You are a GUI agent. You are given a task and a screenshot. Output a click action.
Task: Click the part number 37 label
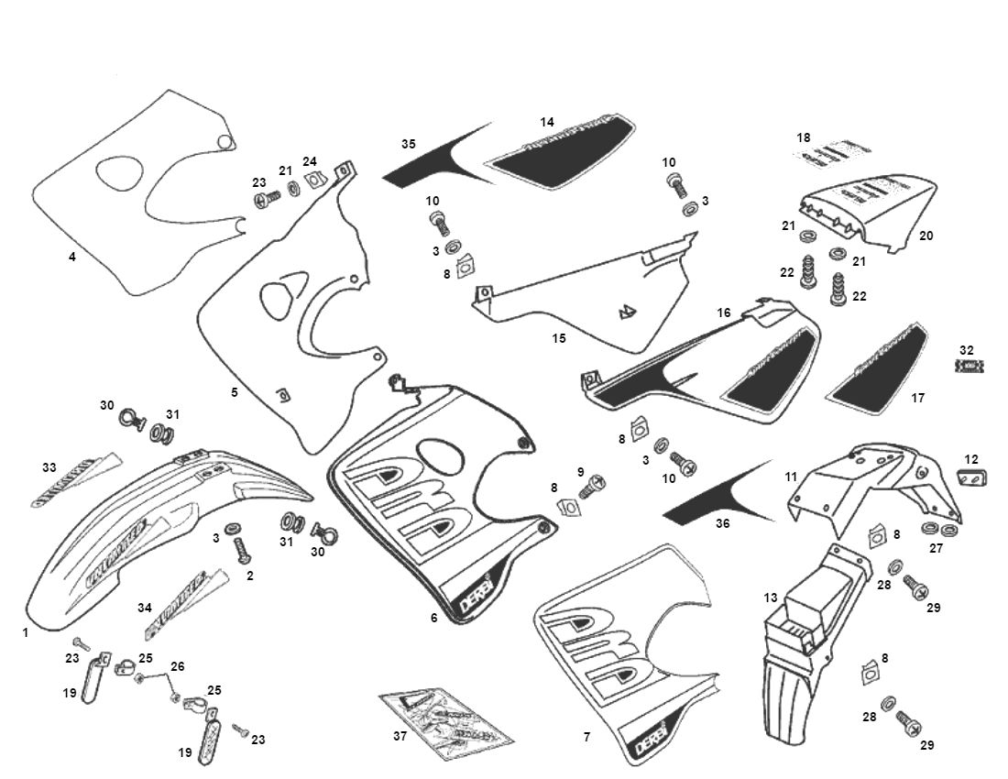399,737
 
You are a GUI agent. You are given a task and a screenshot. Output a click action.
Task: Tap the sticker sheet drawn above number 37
446,722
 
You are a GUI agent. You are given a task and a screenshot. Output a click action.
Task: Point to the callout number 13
771,597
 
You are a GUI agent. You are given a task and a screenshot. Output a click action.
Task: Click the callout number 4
71,257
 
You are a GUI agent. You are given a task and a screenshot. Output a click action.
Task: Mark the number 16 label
724,313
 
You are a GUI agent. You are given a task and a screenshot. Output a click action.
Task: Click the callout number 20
926,236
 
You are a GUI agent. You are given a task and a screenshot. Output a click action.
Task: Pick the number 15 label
558,338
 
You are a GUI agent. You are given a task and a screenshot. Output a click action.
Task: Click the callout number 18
804,137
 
